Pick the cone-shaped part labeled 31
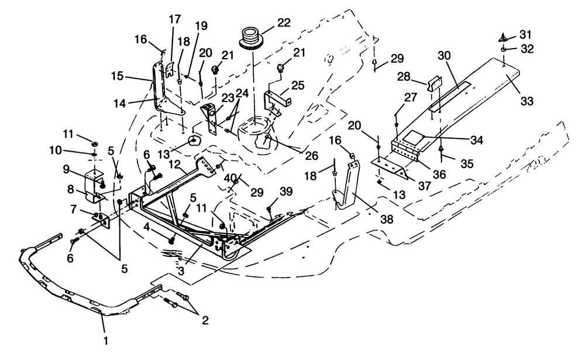tap(503, 36)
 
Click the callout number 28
tap(419, 77)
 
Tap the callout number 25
tap(297, 85)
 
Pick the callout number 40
tap(230, 177)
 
